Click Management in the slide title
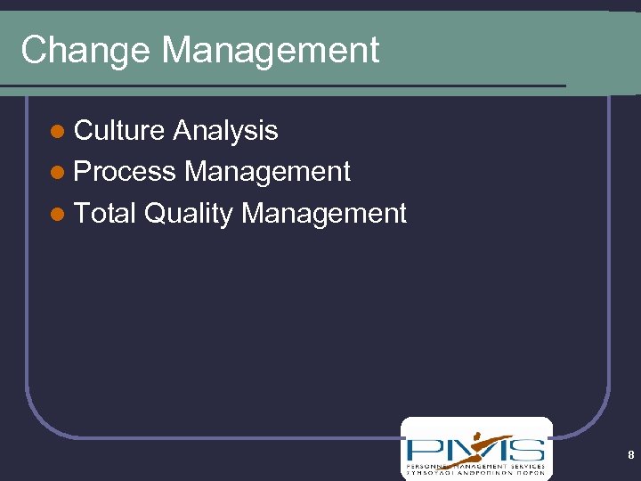click(x=271, y=51)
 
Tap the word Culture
click(x=120, y=131)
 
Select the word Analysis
click(x=226, y=131)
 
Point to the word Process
click(x=125, y=172)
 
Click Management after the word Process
click(x=267, y=172)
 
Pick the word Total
click(x=104, y=213)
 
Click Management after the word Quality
click(x=324, y=213)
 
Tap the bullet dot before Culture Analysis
click(x=58, y=133)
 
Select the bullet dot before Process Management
click(x=58, y=174)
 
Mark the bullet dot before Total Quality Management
click(x=58, y=215)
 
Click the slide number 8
click(x=630, y=455)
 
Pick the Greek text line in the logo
click(x=475, y=474)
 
